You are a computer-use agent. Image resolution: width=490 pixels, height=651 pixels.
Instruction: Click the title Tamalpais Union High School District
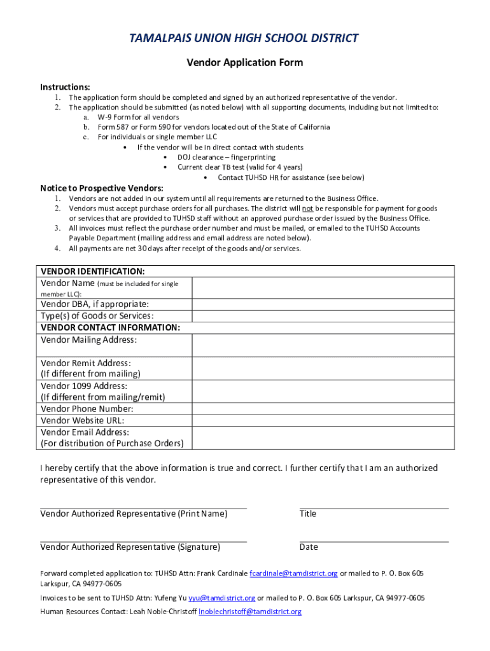click(x=244, y=38)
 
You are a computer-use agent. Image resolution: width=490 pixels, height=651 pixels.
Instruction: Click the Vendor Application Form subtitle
click(x=244, y=62)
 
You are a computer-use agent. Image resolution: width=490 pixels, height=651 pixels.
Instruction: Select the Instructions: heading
click(x=65, y=86)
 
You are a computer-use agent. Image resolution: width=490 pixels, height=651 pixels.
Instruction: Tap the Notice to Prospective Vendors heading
click(x=102, y=188)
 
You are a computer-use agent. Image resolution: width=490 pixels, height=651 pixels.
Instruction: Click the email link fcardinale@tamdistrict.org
click(x=293, y=573)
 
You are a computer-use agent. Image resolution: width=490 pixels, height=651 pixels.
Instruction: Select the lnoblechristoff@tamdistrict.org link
click(x=250, y=612)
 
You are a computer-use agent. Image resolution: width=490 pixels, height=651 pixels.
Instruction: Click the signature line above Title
click(x=374, y=509)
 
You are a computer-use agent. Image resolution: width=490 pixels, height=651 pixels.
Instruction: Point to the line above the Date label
click(x=374, y=542)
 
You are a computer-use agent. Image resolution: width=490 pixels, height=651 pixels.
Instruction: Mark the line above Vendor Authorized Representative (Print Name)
click(x=143, y=509)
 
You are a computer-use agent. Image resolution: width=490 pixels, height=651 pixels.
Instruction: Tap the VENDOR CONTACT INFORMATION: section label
click(x=110, y=327)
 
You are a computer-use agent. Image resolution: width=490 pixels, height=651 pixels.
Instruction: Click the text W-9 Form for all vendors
click(x=138, y=117)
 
